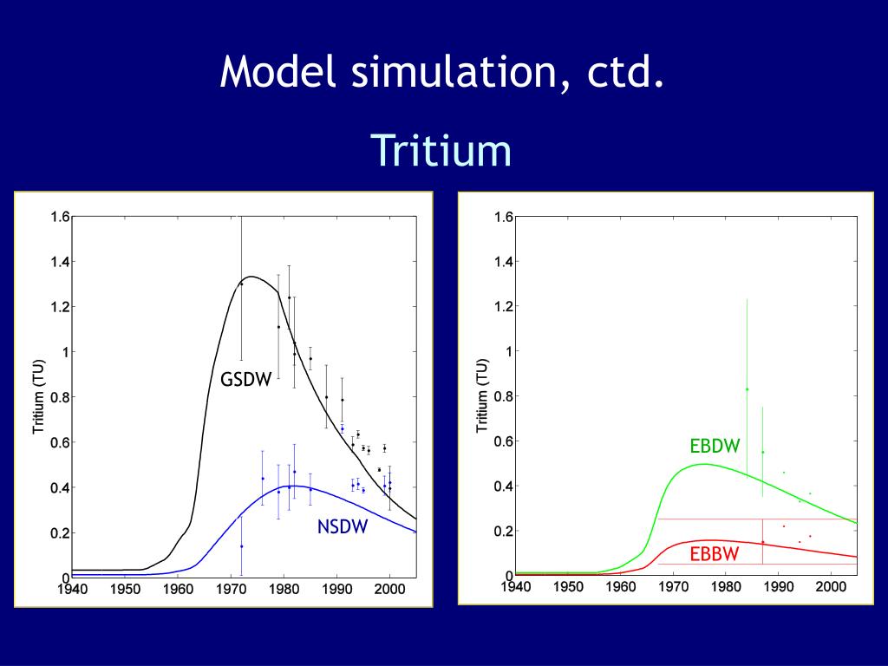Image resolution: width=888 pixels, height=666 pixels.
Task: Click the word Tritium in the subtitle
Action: [x=442, y=150]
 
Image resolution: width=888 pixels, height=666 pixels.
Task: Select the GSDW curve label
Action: [x=245, y=379]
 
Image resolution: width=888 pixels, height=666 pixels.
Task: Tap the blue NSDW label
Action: [x=342, y=526]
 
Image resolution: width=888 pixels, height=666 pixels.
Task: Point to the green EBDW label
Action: [x=715, y=447]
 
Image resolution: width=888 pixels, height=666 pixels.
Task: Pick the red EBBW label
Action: [x=715, y=554]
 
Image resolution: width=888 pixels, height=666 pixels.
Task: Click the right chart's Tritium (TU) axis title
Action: [x=482, y=395]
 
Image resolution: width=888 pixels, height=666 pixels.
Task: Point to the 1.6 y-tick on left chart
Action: [x=60, y=217]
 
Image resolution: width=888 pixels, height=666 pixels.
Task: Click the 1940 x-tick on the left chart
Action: [x=73, y=589]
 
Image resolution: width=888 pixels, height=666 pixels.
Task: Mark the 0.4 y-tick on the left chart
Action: [x=60, y=487]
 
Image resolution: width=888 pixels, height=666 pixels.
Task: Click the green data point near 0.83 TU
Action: [x=747, y=389]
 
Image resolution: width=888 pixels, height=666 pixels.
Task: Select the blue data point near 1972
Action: [x=241, y=546]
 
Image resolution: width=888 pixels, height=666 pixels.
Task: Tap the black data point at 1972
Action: [x=241, y=284]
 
